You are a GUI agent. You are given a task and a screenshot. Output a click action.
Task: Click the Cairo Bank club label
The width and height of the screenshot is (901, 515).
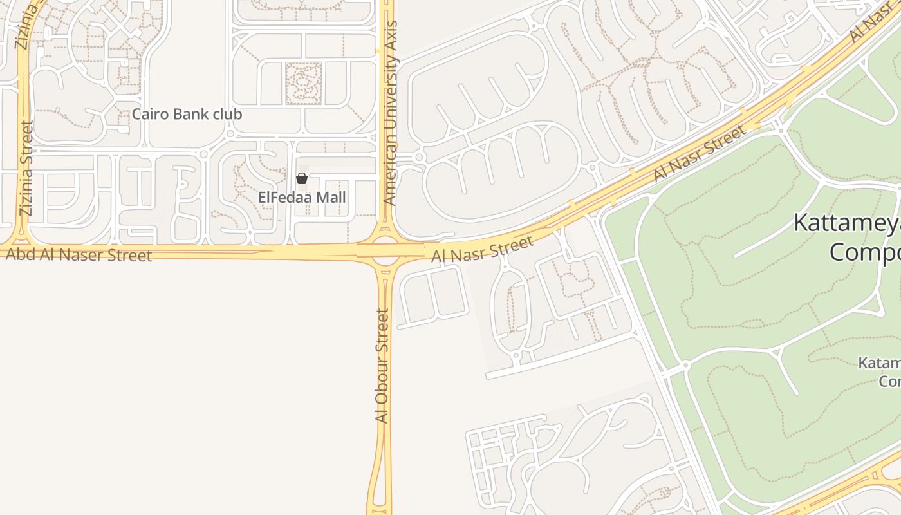tap(187, 115)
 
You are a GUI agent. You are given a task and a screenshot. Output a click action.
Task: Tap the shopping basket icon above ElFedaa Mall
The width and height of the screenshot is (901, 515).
tap(301, 178)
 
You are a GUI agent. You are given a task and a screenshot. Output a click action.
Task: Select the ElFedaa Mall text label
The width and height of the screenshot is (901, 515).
tap(302, 198)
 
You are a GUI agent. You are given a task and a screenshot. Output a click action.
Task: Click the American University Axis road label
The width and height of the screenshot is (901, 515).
tap(389, 113)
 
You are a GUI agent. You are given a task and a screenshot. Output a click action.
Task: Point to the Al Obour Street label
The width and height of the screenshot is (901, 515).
tap(382, 366)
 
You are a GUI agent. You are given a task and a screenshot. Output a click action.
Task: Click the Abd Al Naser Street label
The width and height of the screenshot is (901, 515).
tap(79, 254)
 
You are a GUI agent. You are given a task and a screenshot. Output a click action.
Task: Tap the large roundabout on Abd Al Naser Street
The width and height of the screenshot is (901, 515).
tap(385, 250)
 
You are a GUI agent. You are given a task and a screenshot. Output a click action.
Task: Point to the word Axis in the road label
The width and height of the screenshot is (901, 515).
tap(390, 35)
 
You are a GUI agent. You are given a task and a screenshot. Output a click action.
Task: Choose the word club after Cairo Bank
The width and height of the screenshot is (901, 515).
tap(226, 115)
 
